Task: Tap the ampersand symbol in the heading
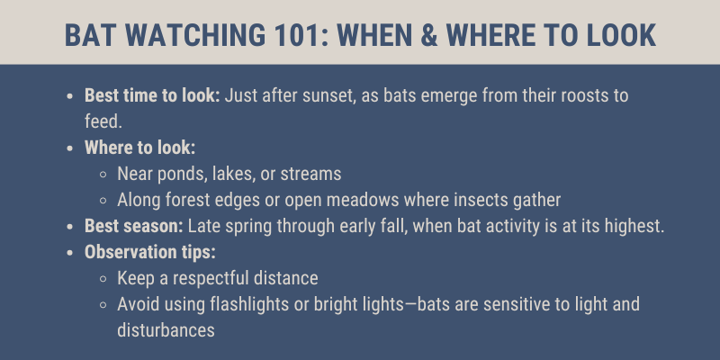(429, 35)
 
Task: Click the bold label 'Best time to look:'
(152, 95)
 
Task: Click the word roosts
(583, 96)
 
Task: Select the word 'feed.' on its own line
(103, 121)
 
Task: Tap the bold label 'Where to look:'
(140, 148)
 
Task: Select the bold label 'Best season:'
(134, 226)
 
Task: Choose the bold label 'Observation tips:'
(150, 252)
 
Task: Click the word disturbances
(166, 330)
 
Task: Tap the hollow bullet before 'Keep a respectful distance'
(103, 279)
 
